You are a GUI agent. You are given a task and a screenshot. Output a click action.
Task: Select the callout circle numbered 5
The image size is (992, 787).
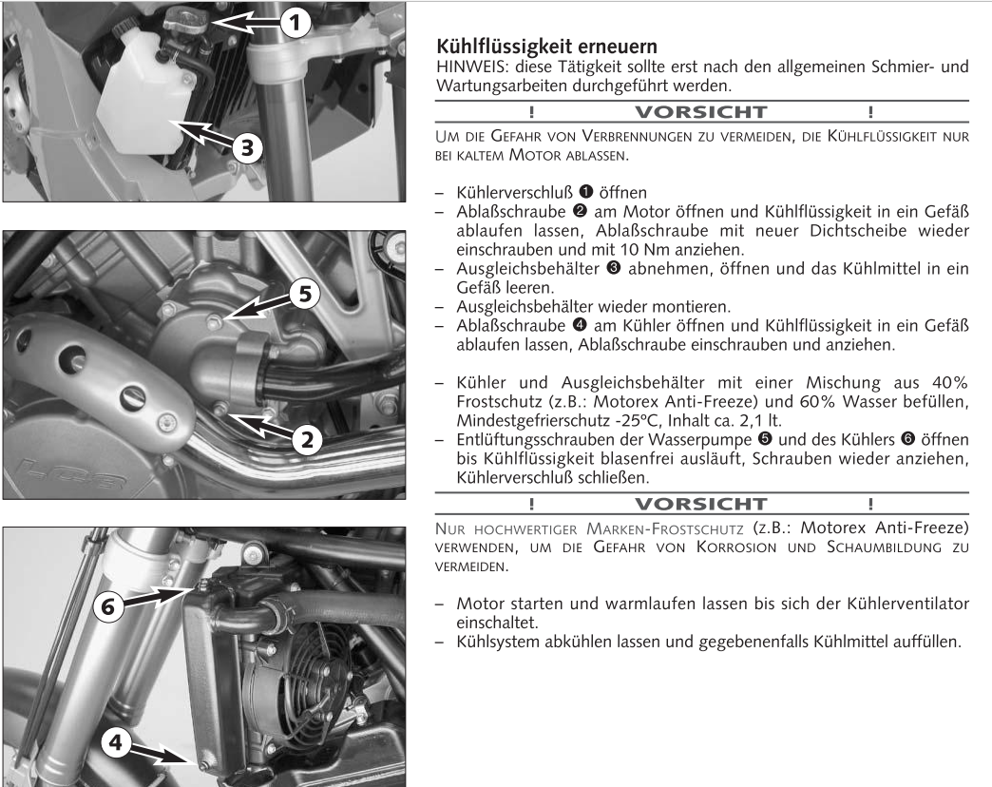(304, 296)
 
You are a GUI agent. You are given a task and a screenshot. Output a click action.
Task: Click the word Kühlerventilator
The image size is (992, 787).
(901, 605)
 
